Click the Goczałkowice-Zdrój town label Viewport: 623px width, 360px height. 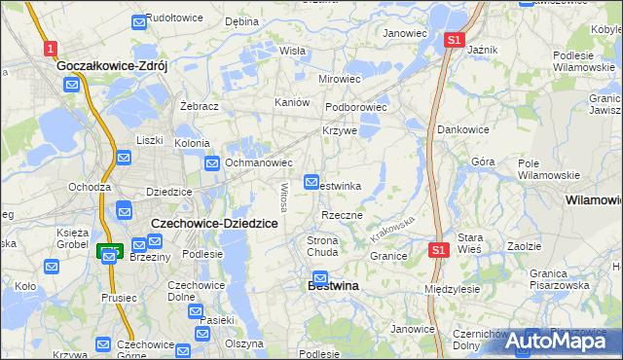pos(113,66)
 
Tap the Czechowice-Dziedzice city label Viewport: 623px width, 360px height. pos(215,224)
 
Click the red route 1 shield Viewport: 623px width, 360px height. pos(50,47)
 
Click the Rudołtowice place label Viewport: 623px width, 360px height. pos(173,18)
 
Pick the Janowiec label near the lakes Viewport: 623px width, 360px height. pos(405,33)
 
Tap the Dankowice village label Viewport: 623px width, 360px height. pos(462,128)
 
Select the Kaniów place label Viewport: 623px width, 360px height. pos(292,102)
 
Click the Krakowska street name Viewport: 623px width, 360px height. pos(393,230)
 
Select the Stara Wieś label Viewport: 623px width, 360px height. pos(470,243)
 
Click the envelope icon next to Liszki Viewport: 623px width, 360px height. pos(125,158)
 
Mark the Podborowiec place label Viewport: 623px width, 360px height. pos(356,107)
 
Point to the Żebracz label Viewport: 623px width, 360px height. pos(198,105)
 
